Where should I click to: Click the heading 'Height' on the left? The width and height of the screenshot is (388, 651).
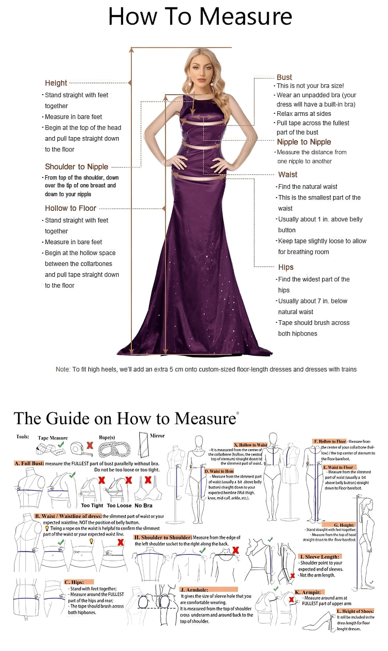point(56,83)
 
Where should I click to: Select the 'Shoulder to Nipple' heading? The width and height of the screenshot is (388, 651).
point(76,167)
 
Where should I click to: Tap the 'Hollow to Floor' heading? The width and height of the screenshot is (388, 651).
point(71,208)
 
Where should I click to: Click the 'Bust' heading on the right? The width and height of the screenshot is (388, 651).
point(284,77)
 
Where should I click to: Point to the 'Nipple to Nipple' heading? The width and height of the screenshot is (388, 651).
point(304,142)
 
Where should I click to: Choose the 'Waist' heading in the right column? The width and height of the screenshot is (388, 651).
point(288,175)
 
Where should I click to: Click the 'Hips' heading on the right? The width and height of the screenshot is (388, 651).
point(286,267)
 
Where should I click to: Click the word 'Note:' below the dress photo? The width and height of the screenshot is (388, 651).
point(63,369)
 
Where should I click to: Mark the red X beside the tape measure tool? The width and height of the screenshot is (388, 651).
point(90,445)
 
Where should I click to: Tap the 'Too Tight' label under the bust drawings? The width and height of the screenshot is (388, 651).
point(92,505)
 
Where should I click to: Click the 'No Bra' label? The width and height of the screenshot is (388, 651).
point(143,505)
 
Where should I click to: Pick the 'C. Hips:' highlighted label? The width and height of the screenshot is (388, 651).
point(74,582)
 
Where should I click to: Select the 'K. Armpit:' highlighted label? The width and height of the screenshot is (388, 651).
point(309,592)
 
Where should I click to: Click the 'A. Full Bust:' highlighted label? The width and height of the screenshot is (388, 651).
point(29,463)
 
